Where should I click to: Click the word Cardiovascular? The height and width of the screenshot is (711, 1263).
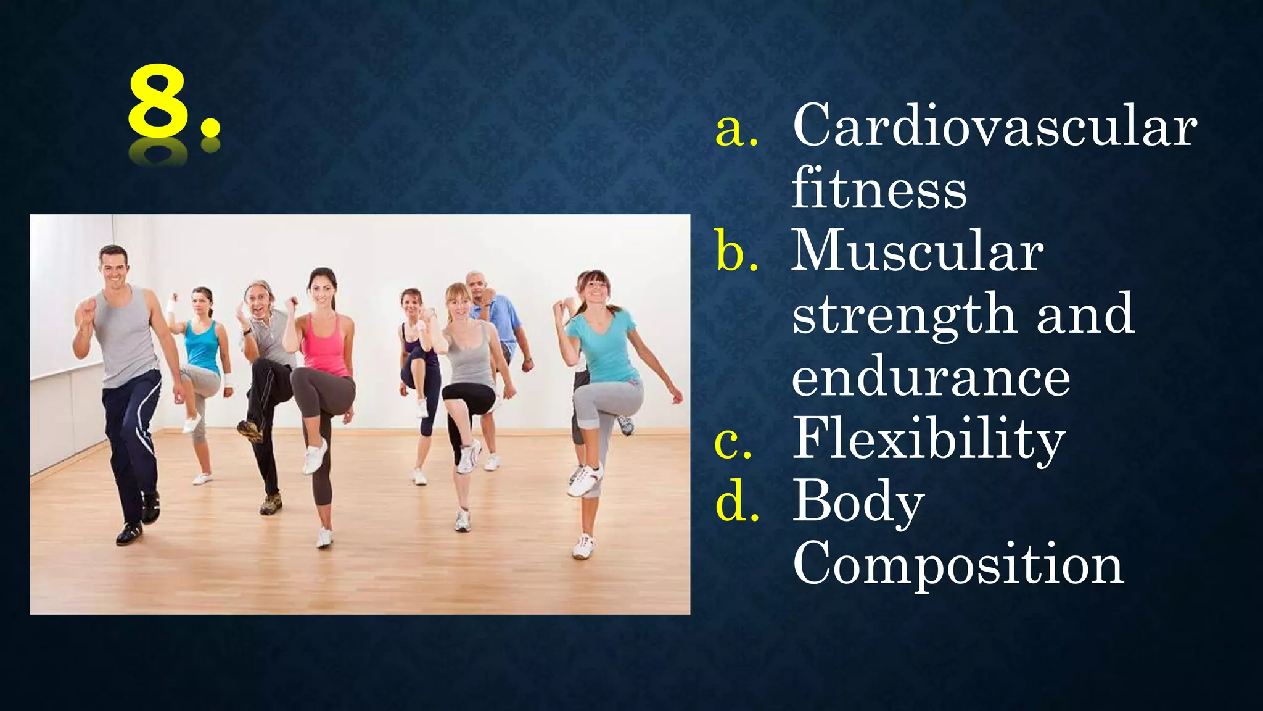click(x=994, y=127)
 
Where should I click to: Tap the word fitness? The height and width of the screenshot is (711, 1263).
click(x=879, y=189)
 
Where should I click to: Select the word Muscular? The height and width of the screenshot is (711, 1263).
click(x=917, y=251)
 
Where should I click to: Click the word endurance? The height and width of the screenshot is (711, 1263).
click(x=931, y=377)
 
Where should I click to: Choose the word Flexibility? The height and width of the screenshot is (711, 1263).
click(x=929, y=439)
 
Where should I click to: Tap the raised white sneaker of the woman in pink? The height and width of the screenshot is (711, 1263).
click(x=315, y=457)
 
